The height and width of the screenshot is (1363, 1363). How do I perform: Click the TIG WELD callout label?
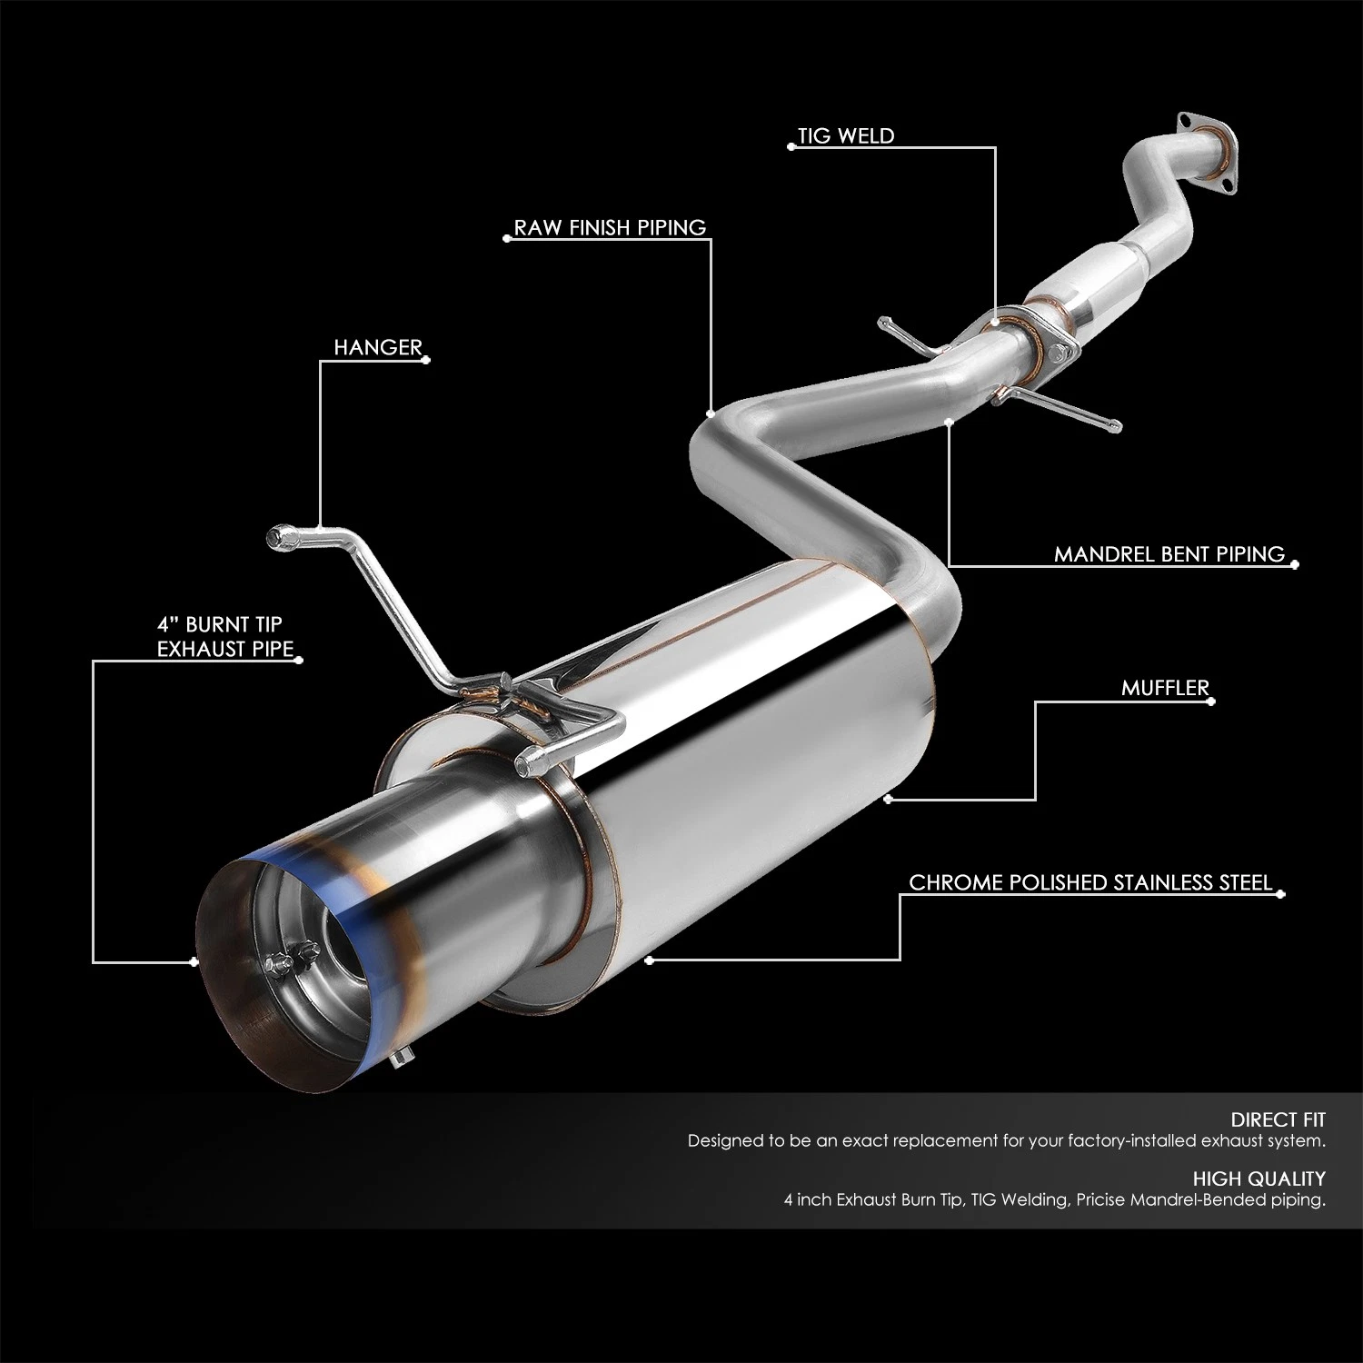tap(846, 136)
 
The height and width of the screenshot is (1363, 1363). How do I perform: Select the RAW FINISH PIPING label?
tap(610, 227)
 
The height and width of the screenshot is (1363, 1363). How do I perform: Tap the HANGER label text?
tap(378, 347)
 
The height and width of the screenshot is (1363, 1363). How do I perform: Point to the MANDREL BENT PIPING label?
tap(1169, 554)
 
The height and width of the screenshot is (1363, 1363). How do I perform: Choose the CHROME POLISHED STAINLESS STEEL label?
tap(1090, 882)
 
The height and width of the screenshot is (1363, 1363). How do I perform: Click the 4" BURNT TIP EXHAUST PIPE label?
tap(225, 636)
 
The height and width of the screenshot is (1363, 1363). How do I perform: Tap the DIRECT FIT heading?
tap(1278, 1119)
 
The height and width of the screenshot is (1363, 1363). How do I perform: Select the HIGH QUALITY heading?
tap(1259, 1179)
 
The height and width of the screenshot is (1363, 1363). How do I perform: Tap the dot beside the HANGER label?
tap(428, 360)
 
